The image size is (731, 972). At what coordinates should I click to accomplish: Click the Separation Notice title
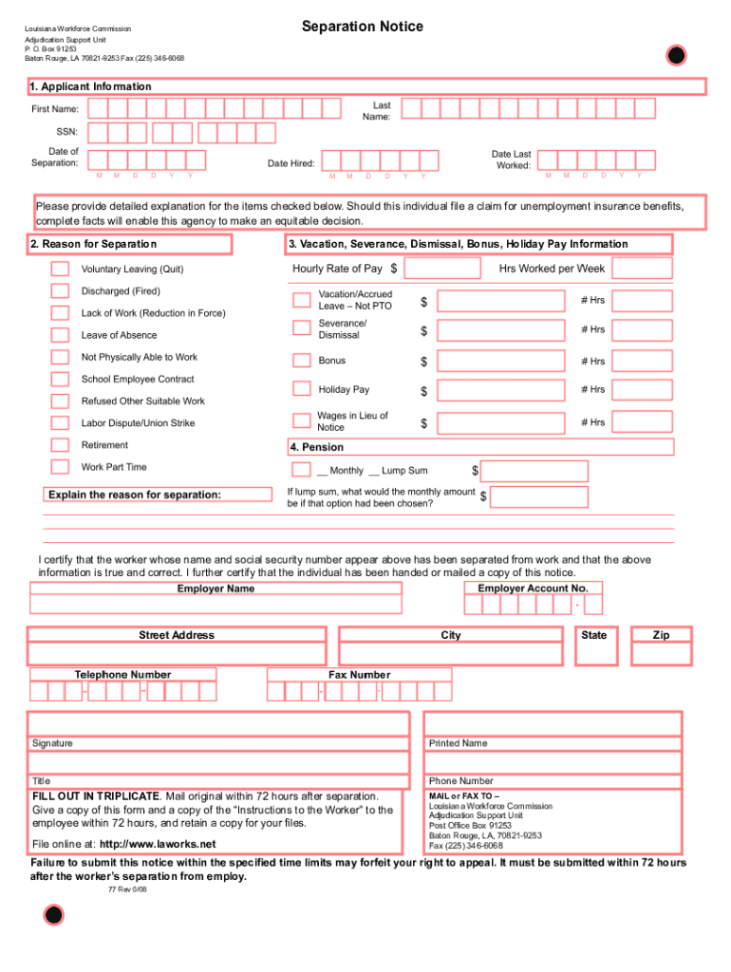[x=362, y=27]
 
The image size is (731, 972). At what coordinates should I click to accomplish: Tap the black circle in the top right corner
[x=675, y=56]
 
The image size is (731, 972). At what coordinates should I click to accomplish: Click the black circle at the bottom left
[x=54, y=915]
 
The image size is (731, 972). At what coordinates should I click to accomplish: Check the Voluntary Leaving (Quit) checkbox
[x=60, y=269]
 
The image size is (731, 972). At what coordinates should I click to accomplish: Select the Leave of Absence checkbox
[x=60, y=335]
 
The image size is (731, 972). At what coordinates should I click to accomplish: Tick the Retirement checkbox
[x=60, y=445]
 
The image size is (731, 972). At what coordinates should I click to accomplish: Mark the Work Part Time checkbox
[x=60, y=467]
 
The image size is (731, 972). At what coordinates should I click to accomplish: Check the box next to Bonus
[x=302, y=361]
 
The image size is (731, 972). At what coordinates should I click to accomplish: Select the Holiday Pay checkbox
[x=302, y=389]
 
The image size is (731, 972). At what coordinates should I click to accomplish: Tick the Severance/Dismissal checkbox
[x=302, y=328]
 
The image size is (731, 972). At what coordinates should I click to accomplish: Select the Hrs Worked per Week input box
[x=642, y=269]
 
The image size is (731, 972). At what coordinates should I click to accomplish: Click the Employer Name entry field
[x=216, y=605]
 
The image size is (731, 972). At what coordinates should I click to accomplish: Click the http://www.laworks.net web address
[x=158, y=844]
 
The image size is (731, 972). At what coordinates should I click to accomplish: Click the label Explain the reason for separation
[x=134, y=495]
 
